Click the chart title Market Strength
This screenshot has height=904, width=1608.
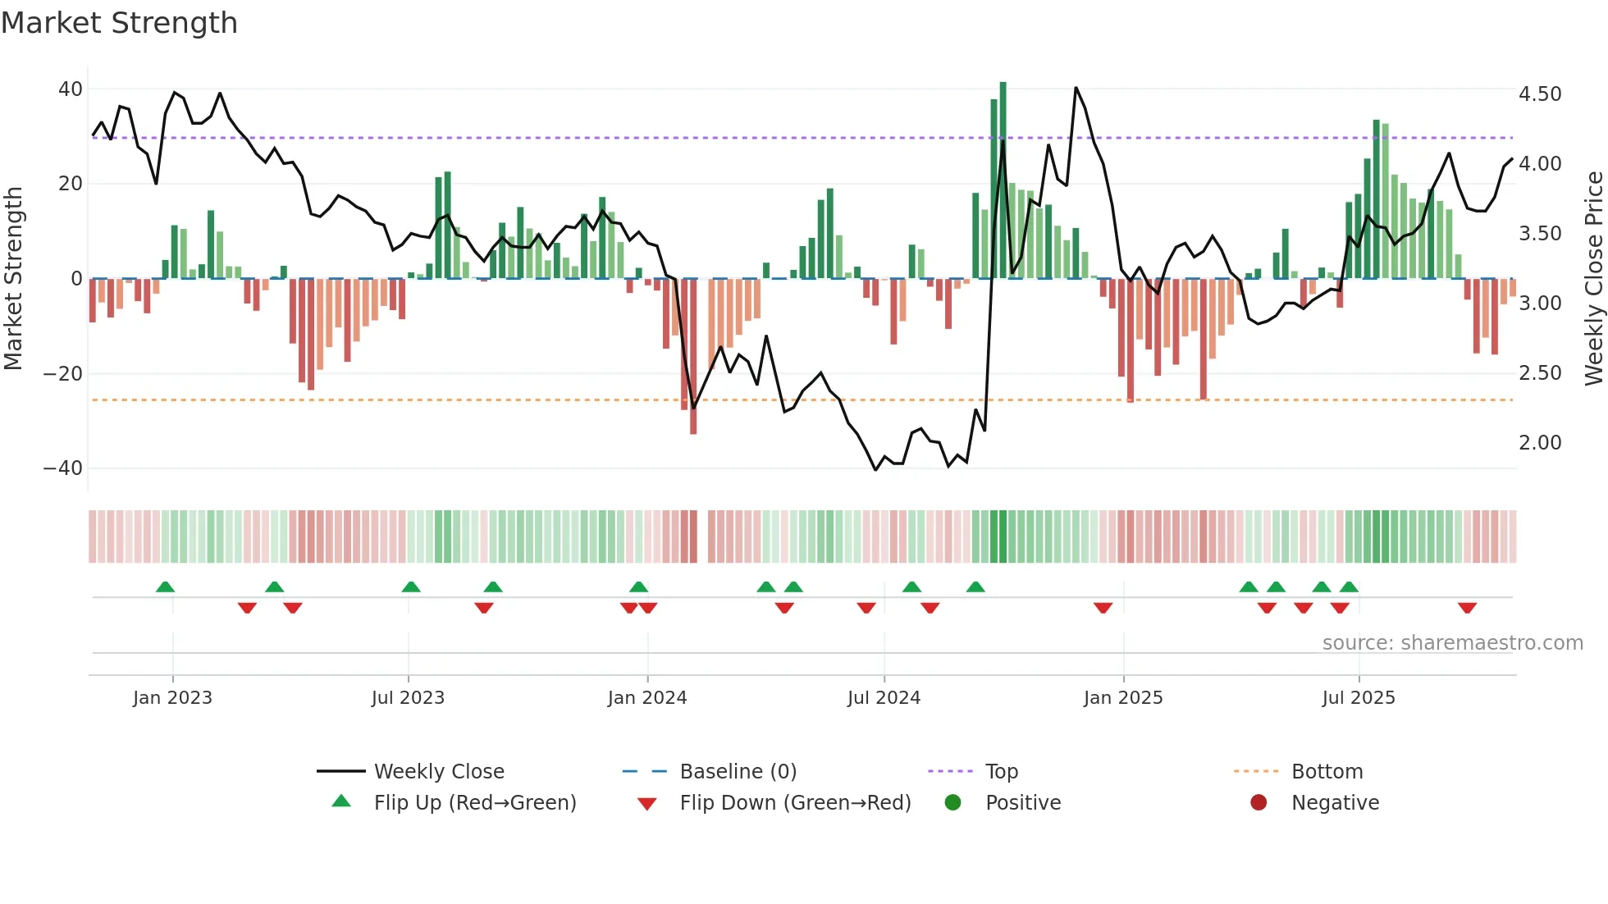[x=119, y=23]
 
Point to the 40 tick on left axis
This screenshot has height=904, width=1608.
[x=71, y=89]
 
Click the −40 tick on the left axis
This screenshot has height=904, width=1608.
[x=63, y=468]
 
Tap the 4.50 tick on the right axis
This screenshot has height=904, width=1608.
[x=1540, y=94]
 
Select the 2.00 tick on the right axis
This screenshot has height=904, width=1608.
[x=1540, y=443]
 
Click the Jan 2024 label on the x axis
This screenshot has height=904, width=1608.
[x=647, y=698]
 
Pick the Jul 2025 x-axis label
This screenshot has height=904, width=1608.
[x=1359, y=698]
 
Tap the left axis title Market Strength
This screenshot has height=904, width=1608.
[x=13, y=279]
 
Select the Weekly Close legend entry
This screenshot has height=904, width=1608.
[x=438, y=772]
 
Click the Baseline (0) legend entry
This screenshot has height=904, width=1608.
[x=738, y=772]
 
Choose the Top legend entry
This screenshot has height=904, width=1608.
[x=1001, y=772]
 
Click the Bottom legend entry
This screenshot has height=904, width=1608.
[x=1327, y=772]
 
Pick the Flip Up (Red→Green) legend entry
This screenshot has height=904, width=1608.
[x=474, y=803]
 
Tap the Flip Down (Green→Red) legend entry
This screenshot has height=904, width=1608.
[x=795, y=803]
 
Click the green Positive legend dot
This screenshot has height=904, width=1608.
[x=952, y=803]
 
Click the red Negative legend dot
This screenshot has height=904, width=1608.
[x=1259, y=803]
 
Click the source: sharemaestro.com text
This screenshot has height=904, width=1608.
[x=1452, y=643]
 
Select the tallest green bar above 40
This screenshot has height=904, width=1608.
[x=1003, y=180]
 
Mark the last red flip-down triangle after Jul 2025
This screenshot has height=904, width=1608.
[x=1467, y=608]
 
